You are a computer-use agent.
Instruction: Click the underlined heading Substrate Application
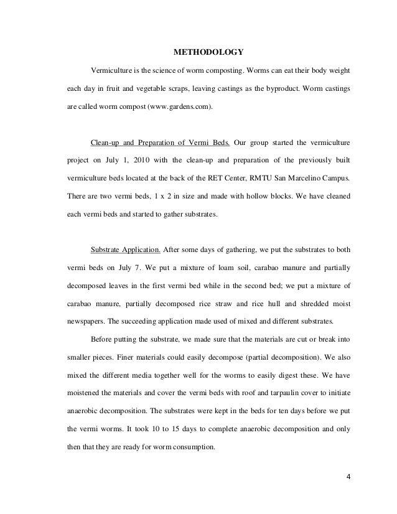point(126,251)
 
